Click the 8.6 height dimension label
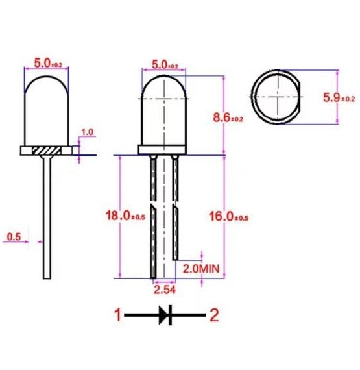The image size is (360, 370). (x=228, y=117)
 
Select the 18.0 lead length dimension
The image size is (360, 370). (x=125, y=216)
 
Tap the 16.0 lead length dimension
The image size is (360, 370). (x=229, y=216)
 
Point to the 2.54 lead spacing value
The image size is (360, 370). (x=165, y=290)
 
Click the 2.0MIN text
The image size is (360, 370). (x=201, y=269)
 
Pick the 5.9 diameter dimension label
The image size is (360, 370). (x=339, y=97)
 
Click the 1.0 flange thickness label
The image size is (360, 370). (x=87, y=132)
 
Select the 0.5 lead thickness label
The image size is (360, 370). (x=14, y=237)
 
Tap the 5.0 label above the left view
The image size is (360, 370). (x=48, y=63)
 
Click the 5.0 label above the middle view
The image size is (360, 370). (x=165, y=65)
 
